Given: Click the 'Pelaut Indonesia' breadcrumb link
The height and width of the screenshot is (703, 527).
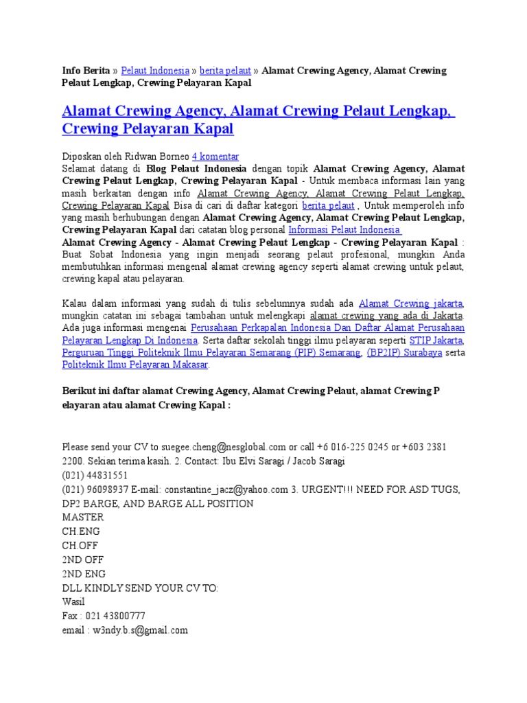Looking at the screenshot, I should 155,70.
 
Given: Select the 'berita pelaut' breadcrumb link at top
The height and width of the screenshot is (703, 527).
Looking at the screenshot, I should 225,70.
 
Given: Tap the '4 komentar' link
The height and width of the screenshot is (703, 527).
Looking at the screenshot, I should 215,156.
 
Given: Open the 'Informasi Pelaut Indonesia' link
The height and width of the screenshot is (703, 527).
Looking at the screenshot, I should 344,230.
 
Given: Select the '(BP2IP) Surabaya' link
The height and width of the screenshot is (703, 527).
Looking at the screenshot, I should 404,353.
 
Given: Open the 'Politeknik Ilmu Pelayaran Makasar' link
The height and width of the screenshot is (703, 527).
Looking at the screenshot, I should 135,365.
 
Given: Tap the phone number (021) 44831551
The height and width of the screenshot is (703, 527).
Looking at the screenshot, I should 95,475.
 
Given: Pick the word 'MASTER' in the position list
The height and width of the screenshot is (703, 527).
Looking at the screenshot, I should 82,518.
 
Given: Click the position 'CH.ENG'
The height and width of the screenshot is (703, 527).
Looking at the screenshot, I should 81,531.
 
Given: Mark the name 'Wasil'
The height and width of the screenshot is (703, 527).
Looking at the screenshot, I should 73,602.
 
